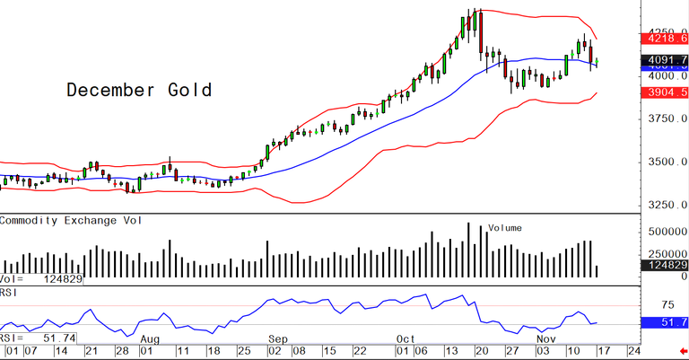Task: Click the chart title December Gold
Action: pos(139,90)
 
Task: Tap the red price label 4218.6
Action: pos(665,39)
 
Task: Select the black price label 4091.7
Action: pos(665,59)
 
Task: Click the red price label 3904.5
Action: pos(665,92)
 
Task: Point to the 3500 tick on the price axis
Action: pos(664,162)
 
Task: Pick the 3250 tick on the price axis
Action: pos(664,205)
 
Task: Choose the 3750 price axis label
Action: pos(664,118)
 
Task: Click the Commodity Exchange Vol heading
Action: pos(75,220)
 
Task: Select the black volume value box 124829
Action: pos(665,266)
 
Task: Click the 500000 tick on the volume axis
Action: pos(665,231)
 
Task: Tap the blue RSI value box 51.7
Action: pos(665,321)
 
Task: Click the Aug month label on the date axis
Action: pos(150,339)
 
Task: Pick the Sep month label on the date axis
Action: pos(277,339)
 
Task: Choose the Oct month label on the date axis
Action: pos(405,339)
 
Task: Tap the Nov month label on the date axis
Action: pos(544,339)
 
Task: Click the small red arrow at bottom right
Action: pos(683,351)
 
